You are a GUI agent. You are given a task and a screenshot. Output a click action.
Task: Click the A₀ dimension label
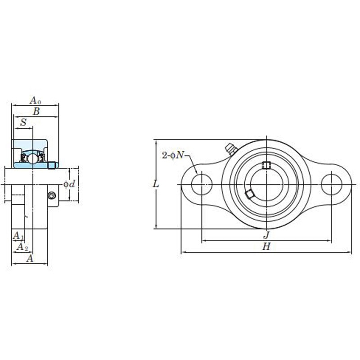36,100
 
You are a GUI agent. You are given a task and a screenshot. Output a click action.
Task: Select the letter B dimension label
36,111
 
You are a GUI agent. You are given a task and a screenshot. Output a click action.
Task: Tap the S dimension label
23,122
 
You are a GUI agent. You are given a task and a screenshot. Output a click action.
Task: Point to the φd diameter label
69,184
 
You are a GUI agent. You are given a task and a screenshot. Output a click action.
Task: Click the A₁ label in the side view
18,235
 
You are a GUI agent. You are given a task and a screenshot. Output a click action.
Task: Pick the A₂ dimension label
22,247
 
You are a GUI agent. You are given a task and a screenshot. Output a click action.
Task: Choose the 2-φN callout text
173,155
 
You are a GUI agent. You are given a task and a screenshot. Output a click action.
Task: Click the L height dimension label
156,184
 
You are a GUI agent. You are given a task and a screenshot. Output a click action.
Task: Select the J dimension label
266,235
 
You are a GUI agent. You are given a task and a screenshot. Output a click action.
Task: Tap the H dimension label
266,247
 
